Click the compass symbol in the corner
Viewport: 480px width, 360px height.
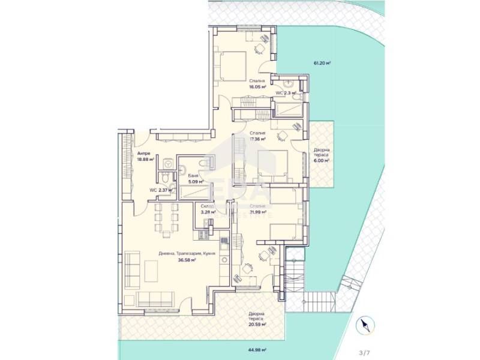click(365, 326)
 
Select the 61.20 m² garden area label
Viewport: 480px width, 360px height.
click(322, 62)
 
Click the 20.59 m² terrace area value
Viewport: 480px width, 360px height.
click(256, 325)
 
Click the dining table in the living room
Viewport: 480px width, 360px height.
click(166, 219)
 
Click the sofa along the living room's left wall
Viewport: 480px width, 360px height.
click(132, 268)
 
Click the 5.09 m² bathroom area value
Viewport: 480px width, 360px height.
click(194, 182)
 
